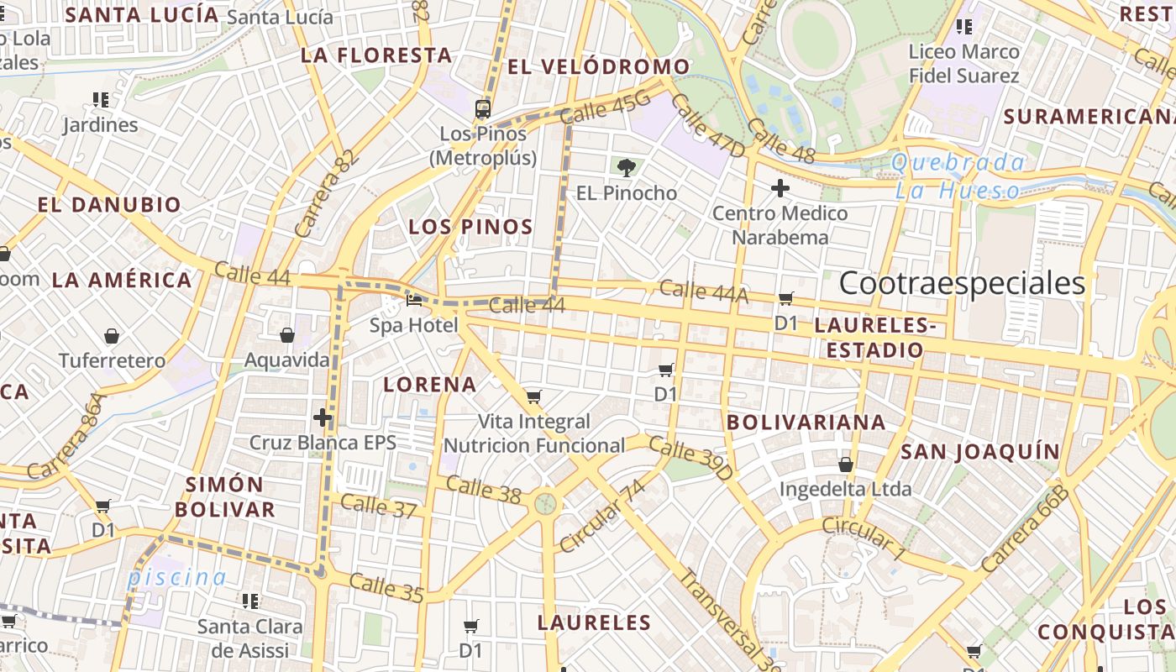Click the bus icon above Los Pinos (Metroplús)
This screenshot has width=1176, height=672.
[x=483, y=108]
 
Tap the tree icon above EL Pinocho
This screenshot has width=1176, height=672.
[x=626, y=167]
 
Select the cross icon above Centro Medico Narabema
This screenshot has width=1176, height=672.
[x=780, y=187]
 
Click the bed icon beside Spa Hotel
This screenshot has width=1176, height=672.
[x=414, y=300]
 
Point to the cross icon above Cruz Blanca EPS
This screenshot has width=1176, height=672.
[x=323, y=417]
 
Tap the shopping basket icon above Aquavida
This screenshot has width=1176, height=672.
[x=287, y=335]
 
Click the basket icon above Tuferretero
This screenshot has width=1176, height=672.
[x=112, y=336]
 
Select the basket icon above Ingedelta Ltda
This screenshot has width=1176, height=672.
[x=846, y=464]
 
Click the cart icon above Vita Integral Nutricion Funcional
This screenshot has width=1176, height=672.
[x=533, y=396]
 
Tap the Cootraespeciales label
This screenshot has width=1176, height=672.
[x=962, y=283]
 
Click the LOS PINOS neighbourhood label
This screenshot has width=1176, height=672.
[x=470, y=227]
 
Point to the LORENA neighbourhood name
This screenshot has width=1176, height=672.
[x=430, y=385]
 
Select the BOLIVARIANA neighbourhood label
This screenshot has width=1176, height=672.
[x=806, y=423]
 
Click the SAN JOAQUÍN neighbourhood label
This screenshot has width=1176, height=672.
[x=980, y=452]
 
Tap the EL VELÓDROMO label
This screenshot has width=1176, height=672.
[x=599, y=67]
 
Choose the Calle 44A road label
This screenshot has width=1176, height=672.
[x=703, y=291]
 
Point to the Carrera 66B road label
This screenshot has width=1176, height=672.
[x=1024, y=529]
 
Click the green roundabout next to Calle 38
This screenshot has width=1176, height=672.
[x=546, y=504]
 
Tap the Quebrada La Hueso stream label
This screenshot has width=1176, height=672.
[x=958, y=176]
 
